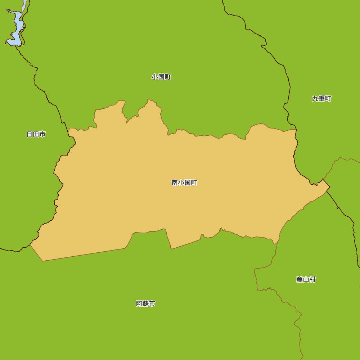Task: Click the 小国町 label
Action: (x=161, y=77)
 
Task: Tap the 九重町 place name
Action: (x=321, y=99)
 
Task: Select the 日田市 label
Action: (x=36, y=134)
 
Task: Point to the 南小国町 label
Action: (x=184, y=183)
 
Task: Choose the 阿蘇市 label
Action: (x=145, y=304)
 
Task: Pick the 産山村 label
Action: (x=306, y=279)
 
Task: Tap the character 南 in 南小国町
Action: (x=175, y=183)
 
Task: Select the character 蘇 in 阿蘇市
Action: (x=145, y=304)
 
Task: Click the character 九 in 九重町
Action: (x=315, y=99)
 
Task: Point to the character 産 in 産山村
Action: (x=299, y=279)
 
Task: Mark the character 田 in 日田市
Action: (x=36, y=134)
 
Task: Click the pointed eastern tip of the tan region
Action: (x=329, y=187)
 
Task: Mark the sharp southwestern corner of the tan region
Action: (x=42, y=261)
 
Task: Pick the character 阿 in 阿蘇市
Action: (x=139, y=304)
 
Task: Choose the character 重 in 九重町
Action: (x=321, y=99)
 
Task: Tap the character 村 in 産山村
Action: (x=312, y=279)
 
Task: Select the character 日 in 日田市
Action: (x=30, y=134)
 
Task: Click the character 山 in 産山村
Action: (x=306, y=279)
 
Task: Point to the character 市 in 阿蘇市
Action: (x=152, y=304)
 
